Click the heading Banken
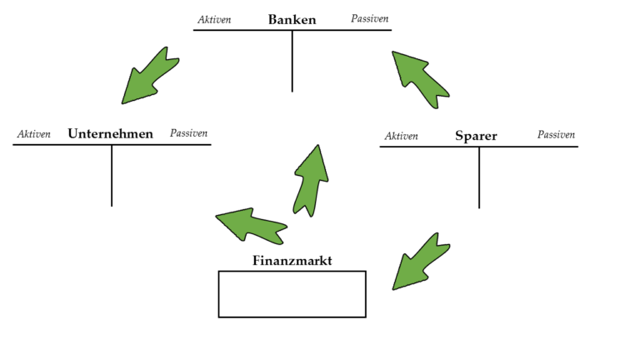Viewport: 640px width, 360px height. tap(292, 20)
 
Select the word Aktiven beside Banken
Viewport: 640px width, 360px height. tap(214, 20)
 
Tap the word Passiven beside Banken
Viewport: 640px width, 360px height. tap(370, 18)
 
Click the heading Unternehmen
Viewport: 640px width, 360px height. tap(110, 133)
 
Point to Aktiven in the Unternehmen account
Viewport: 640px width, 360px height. tap(34, 134)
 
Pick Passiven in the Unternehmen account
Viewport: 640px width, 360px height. tap(188, 133)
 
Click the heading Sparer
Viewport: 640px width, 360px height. tap(476, 136)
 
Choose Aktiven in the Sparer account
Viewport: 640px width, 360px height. tap(401, 136)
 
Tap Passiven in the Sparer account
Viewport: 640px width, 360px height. tap(556, 135)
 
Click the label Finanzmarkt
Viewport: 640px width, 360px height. tap(292, 260)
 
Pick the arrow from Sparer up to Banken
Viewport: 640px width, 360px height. tap(420, 79)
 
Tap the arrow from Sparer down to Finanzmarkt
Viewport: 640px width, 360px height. tap(421, 262)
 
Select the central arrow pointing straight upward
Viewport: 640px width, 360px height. tap(311, 180)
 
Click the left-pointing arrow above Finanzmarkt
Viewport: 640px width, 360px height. tap(251, 226)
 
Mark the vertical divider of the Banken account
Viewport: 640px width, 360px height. tap(292, 61)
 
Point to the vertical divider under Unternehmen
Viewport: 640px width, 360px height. tap(112, 176)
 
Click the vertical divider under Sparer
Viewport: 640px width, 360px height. tap(479, 178)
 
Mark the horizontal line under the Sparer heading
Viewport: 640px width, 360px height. tap(479, 147)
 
